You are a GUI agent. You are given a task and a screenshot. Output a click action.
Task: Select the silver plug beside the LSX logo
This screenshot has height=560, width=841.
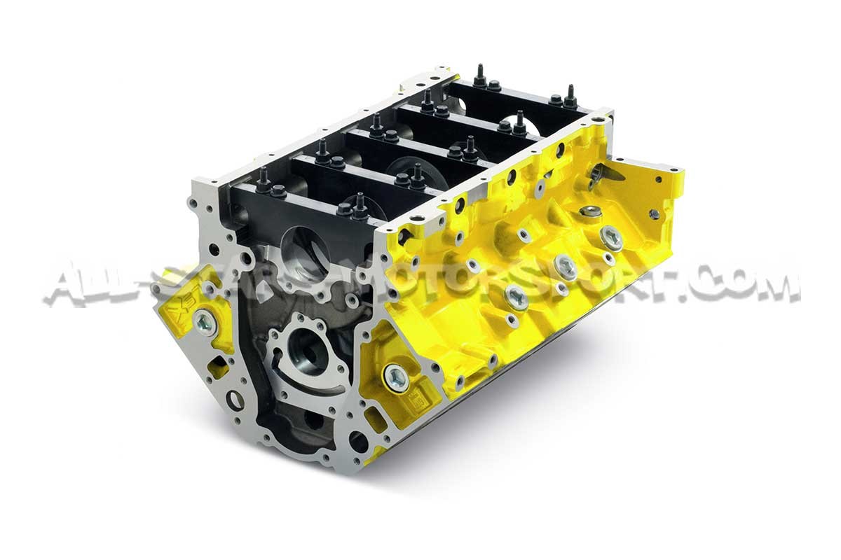pos(205,323)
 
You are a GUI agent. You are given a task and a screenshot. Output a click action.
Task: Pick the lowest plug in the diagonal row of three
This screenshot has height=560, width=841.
pos(517,295)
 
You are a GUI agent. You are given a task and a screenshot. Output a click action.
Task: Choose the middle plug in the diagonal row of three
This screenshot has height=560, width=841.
pos(565,266)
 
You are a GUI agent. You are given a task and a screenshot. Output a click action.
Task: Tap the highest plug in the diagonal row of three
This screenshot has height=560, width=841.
pos(611,237)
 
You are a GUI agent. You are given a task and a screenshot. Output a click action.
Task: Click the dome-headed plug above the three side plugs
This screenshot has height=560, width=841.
pos(591,211)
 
